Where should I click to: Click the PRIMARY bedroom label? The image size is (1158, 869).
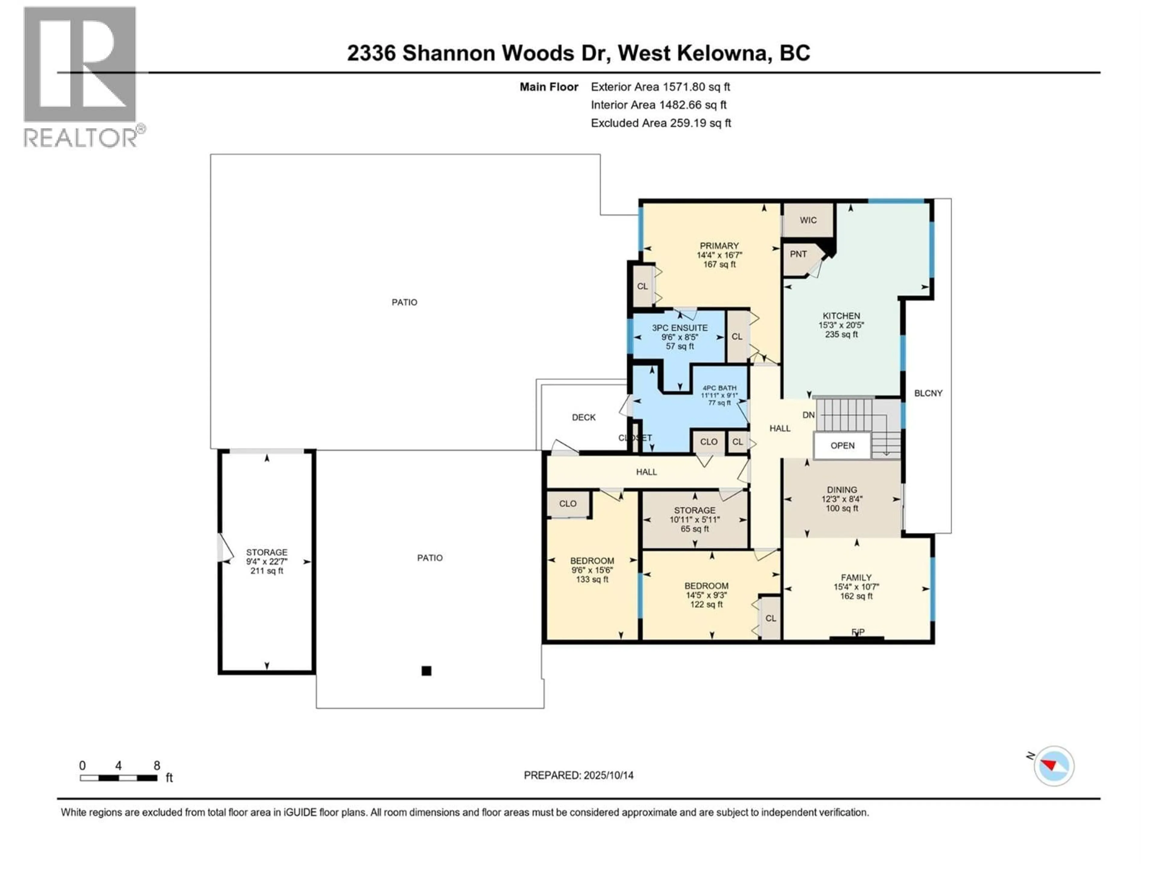coord(719,246)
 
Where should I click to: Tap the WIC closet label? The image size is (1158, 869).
coord(808,220)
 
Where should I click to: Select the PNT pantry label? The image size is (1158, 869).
coord(798,254)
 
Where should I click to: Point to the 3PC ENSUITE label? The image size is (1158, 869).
coord(679,328)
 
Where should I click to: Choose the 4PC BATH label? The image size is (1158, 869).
coord(719,388)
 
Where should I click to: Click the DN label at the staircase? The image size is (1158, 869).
coord(808,415)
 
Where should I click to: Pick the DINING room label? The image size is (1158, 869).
coord(842,490)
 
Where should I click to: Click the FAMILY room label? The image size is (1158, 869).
coord(856,577)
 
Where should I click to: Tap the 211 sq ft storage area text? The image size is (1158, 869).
coord(267,571)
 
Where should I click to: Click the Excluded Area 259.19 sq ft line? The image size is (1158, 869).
coord(661,123)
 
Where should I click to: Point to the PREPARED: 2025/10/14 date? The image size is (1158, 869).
coord(578,775)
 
